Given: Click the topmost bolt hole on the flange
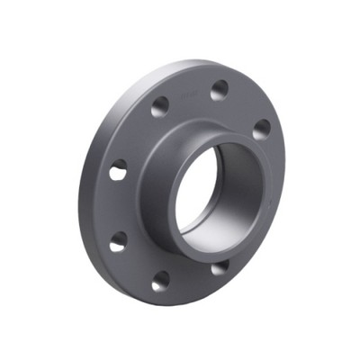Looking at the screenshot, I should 219,90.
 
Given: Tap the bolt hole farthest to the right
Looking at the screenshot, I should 260,129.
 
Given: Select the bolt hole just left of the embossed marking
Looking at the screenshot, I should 159,109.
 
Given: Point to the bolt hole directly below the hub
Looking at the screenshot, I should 218,267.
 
